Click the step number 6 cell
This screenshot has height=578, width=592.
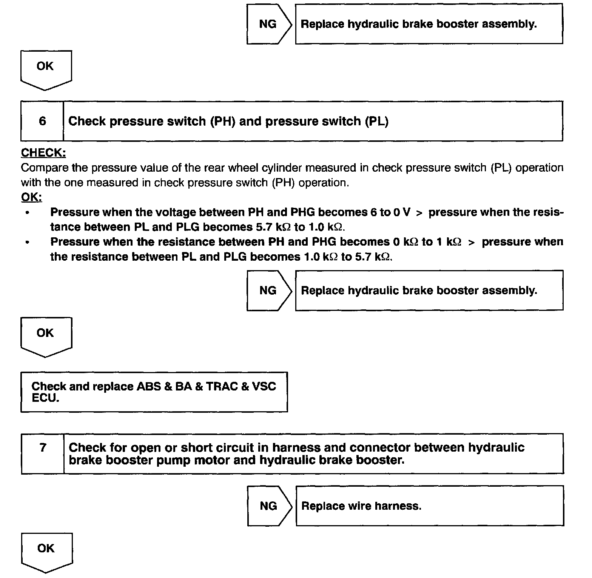click(x=42, y=121)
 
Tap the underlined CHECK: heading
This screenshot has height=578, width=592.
click(x=43, y=153)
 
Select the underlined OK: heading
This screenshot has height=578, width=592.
click(x=31, y=197)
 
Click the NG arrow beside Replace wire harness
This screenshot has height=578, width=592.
click(x=269, y=506)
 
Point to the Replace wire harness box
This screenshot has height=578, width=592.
click(x=429, y=506)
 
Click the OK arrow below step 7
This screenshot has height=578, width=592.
click(x=46, y=551)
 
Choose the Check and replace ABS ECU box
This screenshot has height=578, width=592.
click(x=154, y=392)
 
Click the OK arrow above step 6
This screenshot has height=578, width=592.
click(x=45, y=69)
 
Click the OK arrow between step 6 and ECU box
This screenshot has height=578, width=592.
click(x=45, y=335)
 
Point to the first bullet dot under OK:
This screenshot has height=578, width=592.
click(x=27, y=213)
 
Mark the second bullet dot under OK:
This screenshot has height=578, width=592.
click(x=27, y=242)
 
